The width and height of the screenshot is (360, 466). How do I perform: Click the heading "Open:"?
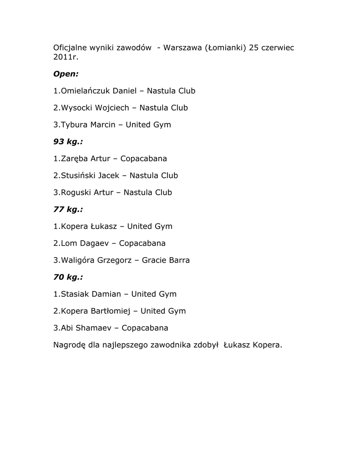(x=66, y=74)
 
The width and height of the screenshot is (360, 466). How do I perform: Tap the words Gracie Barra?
(x=166, y=260)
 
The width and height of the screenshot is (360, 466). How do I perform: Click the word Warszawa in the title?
(x=183, y=48)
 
